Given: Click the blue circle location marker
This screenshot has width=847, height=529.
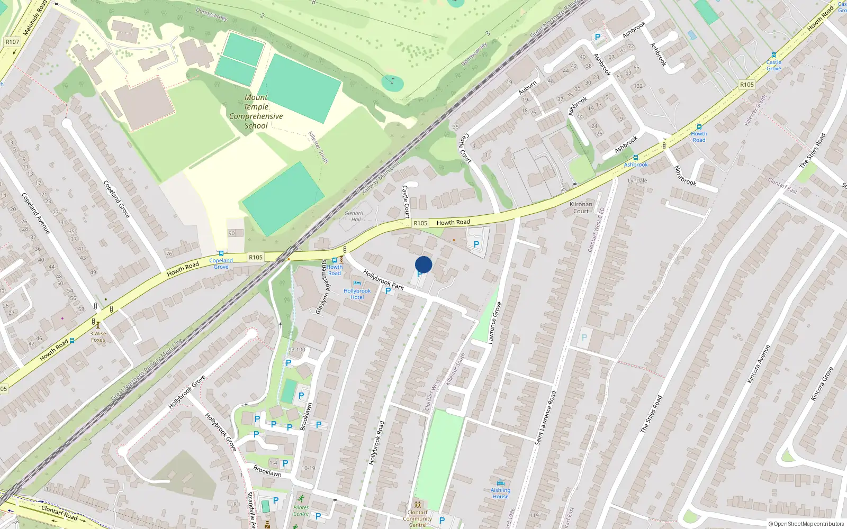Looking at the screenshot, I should (424, 264).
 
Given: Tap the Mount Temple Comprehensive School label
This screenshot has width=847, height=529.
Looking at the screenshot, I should (256, 112).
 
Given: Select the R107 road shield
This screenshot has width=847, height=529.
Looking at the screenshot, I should (12, 42).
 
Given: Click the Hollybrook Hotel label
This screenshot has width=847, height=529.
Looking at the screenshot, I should (357, 294).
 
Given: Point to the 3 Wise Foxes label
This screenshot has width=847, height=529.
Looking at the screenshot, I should (98, 336).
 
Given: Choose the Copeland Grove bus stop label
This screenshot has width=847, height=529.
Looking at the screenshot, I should (221, 263).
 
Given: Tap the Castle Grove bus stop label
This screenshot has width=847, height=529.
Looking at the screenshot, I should (773, 65).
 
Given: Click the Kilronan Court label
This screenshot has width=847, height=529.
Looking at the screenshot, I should (581, 207).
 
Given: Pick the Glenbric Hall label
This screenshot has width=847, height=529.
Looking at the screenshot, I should (354, 216).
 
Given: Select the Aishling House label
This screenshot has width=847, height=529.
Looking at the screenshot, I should (500, 493).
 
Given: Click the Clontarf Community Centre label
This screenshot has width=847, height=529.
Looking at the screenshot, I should (417, 518).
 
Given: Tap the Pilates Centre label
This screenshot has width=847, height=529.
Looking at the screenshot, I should (301, 510).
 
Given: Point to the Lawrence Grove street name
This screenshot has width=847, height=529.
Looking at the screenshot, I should (494, 323).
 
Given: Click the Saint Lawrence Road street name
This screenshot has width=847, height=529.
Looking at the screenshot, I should (546, 417).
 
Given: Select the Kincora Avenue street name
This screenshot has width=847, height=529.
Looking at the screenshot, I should (759, 364).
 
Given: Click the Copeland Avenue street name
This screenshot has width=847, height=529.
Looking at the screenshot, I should (35, 213).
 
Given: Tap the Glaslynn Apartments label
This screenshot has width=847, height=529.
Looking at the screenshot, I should (322, 287).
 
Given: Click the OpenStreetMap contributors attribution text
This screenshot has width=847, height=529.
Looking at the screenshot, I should (806, 524).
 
